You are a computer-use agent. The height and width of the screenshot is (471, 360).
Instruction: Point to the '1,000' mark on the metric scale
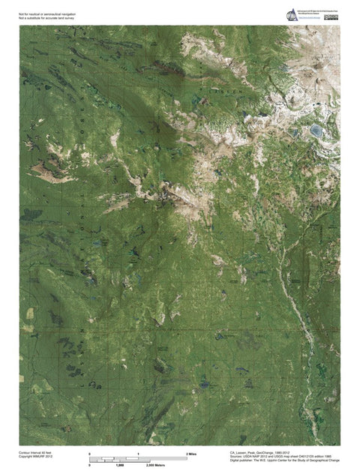(x=119, y=466)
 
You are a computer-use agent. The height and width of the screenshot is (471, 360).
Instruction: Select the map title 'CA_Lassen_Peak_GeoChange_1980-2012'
(x=262, y=453)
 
